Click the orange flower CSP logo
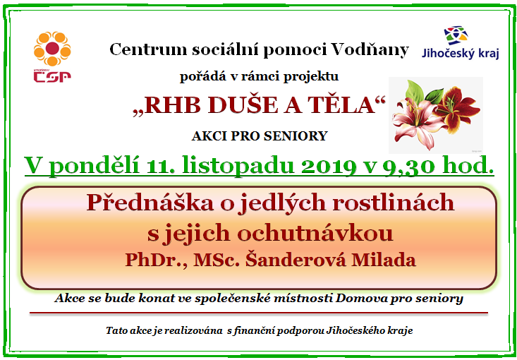pyautogui.click(x=52, y=56)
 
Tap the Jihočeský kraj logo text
pyautogui.click(x=461, y=53)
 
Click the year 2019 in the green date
pyautogui.click(x=334, y=165)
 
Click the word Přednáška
pyautogui.click(x=150, y=202)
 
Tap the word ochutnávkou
pyautogui.click(x=315, y=233)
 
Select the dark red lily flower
pyautogui.click(x=456, y=109)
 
